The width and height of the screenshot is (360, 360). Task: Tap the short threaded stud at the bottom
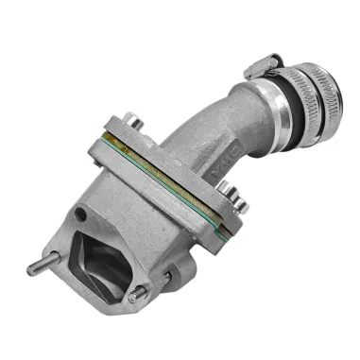tap(135, 298)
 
